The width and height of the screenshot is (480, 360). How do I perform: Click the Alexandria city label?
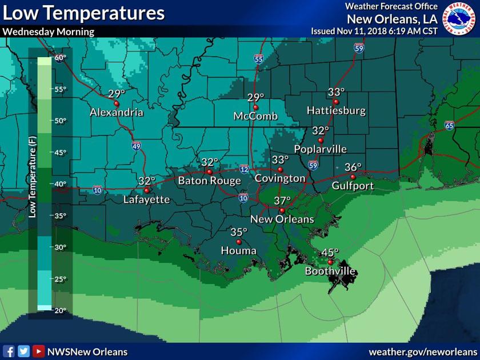116,113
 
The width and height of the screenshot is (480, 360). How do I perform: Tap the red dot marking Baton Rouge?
210,171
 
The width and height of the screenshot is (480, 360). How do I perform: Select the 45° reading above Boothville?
330,253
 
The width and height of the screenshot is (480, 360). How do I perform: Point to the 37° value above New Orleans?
282,201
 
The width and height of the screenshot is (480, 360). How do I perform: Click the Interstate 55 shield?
259,58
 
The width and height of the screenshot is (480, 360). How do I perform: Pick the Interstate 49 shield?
137,146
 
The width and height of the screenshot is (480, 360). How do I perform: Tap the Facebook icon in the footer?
9,351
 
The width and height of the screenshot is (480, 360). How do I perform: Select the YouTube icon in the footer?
38,351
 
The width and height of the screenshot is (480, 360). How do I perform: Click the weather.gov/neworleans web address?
422,351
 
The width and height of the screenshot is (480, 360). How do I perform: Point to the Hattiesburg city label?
336,111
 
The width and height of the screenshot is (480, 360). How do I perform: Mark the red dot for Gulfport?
353,177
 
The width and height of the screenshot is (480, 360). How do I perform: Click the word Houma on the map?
239,251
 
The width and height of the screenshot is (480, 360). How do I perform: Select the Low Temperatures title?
84,13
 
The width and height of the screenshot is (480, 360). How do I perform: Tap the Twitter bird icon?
23,351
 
